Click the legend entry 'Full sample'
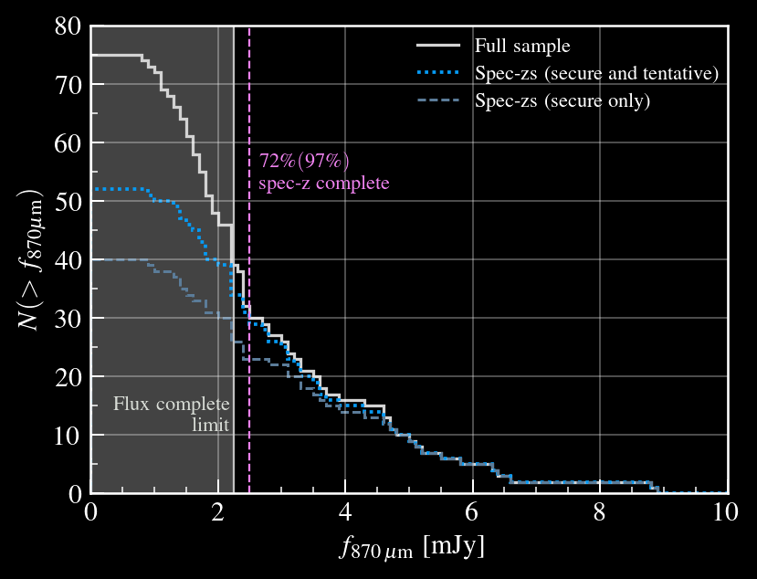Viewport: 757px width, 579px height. click(x=521, y=46)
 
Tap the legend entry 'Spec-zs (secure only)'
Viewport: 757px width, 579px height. click(x=562, y=100)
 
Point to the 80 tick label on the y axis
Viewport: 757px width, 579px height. click(x=68, y=26)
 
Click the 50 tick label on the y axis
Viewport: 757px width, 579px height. click(x=68, y=201)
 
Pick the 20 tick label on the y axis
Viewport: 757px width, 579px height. click(x=68, y=376)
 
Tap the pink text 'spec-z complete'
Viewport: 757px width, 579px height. click(x=324, y=183)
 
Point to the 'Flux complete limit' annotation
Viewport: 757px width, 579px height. click(x=172, y=414)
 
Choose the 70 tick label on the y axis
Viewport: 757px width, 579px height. click(x=68, y=84)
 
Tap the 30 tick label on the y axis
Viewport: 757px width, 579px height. click(x=68, y=318)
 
